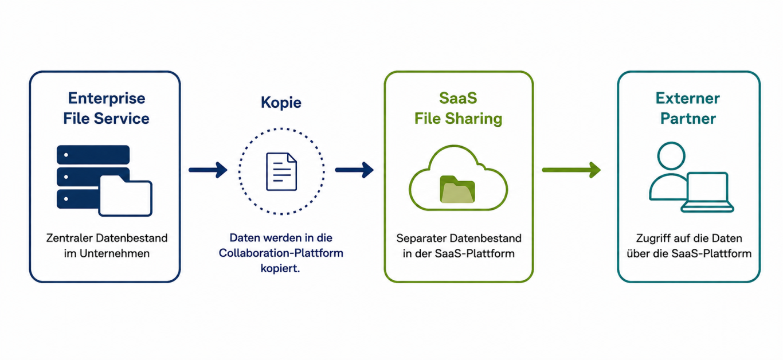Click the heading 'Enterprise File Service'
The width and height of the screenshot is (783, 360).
pos(106,108)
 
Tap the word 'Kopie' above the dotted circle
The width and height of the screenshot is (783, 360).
pos(281,103)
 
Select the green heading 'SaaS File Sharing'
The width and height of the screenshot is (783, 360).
pos(458,108)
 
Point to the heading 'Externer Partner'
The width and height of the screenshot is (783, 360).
pos(688,108)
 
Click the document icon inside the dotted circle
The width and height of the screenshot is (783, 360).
pos(281,171)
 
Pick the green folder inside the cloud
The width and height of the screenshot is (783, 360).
pos(457,189)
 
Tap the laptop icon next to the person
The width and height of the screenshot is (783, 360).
pos(707,192)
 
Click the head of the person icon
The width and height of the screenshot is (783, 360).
pos(671,156)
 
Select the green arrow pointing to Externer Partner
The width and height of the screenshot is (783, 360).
pos(571,170)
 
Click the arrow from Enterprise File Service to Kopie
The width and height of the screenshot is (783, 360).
pos(208,170)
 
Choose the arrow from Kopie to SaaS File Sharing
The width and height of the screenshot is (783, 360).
pos(354,170)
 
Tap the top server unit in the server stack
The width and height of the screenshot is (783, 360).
pos(93,155)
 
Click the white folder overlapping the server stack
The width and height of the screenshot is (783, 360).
pos(126,195)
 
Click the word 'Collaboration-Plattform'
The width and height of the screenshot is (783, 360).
pos(281,253)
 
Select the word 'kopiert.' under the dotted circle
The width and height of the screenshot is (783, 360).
pos(280,268)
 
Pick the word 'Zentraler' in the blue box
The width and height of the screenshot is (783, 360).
pos(69,238)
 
